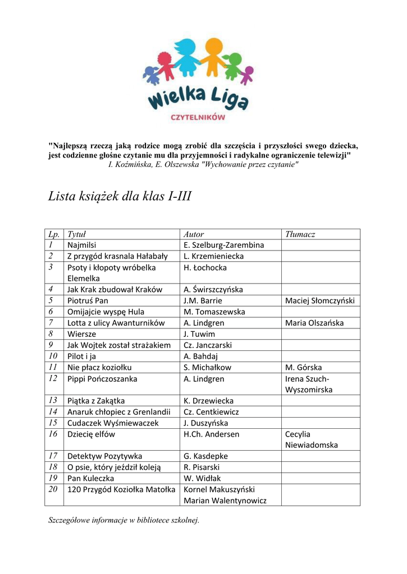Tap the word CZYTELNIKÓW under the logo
click(198, 117)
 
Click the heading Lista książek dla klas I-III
click(120, 197)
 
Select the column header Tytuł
click(76, 234)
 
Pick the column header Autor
click(194, 234)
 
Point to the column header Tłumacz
click(300, 234)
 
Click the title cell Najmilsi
click(82, 245)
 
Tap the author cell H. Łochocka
click(205, 267)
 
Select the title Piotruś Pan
click(88, 300)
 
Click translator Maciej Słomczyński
click(320, 300)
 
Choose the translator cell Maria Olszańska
click(314, 323)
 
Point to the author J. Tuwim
click(199, 334)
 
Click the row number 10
click(53, 356)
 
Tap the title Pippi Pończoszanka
click(102, 378)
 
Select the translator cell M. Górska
click(303, 367)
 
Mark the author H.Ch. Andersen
click(211, 434)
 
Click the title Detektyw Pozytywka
click(104, 456)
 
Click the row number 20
click(53, 489)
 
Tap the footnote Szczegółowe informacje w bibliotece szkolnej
click(124, 520)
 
